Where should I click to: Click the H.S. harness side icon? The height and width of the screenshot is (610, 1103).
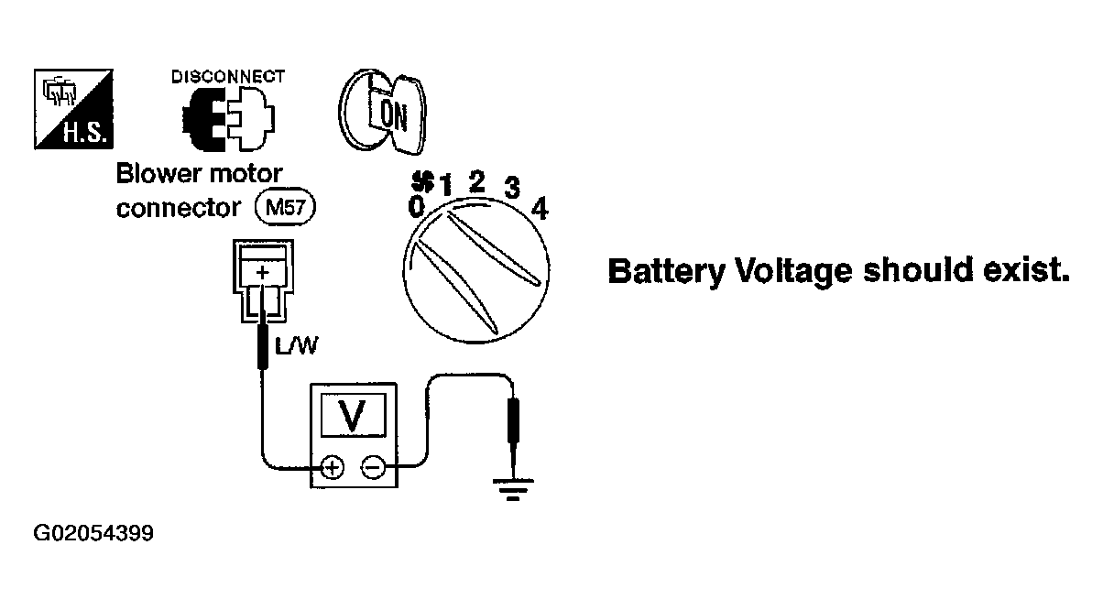73,109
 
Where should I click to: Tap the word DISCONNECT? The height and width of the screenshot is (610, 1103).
228,77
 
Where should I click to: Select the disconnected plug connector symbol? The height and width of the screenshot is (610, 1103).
228,119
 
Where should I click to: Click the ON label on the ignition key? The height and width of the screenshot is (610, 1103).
393,115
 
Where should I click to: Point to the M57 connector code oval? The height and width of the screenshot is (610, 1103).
285,207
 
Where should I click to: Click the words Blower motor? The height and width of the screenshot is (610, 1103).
199,174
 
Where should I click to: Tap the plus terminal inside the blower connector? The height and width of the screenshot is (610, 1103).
262,272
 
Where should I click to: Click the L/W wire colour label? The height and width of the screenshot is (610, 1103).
297,345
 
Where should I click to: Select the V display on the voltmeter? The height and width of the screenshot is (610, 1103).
353,415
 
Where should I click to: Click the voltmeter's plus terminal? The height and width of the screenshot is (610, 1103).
333,467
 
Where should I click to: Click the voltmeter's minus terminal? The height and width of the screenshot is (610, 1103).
373,467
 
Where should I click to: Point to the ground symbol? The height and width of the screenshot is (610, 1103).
513,489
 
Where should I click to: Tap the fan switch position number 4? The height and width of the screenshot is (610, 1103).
540,208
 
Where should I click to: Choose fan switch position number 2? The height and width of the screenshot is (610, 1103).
476,181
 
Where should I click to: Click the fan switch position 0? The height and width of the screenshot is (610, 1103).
416,206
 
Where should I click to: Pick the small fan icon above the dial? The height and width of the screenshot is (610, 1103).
423,180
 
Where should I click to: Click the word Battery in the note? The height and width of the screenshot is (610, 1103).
666,271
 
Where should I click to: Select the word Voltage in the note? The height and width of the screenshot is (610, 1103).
793,271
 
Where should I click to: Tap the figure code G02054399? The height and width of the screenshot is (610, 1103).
93,533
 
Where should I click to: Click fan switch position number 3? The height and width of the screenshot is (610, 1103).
512,187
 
